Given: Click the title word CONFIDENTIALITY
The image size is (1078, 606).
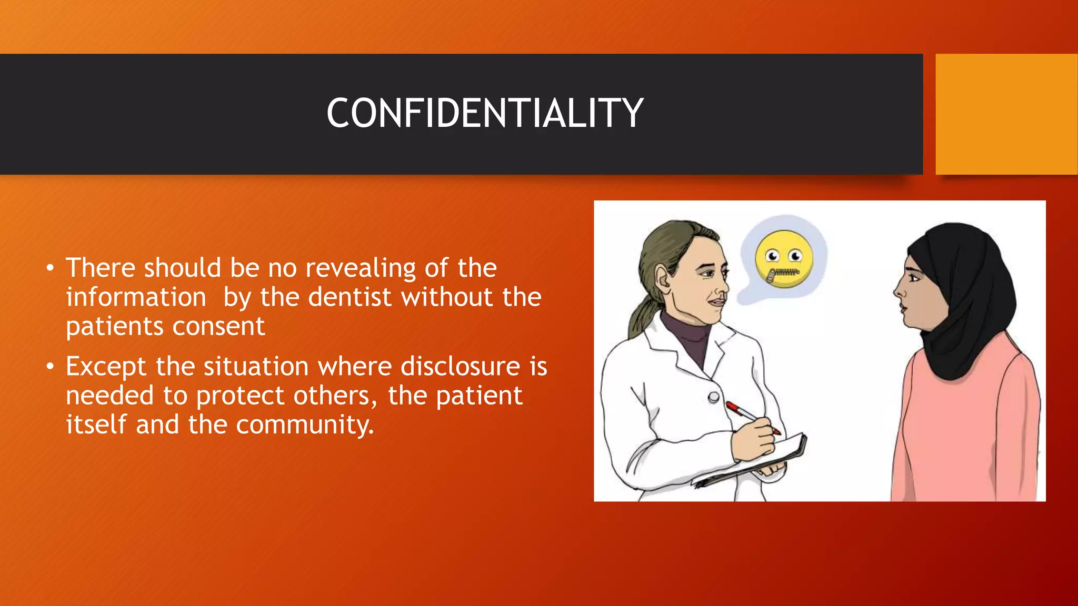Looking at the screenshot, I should pos(485,113).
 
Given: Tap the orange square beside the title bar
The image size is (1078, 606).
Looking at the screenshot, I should pos(1006,114).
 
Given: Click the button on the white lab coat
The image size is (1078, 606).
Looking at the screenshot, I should pos(714,397).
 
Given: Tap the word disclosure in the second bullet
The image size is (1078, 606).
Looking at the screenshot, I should pos(460,366).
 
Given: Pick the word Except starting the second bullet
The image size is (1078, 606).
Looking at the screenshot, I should pos(106,367).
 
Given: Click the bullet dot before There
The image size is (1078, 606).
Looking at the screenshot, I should pos(50,268).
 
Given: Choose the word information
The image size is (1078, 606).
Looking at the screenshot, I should pos(136,297).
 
